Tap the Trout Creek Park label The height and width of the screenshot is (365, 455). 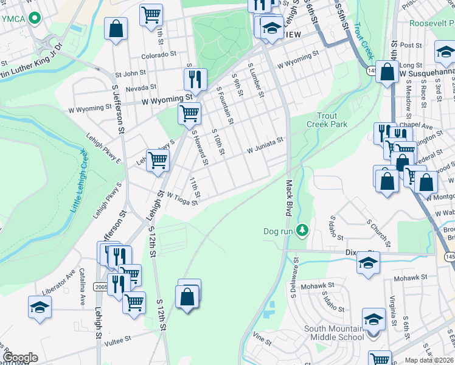[x=332, y=120]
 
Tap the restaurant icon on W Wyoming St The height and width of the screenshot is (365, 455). [x=195, y=78]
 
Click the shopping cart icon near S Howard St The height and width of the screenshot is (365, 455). [x=189, y=113]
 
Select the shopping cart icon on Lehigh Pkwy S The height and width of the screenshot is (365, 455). [x=158, y=161]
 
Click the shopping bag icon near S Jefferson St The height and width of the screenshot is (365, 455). [x=115, y=28]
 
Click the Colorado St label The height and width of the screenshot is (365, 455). [x=159, y=55]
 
